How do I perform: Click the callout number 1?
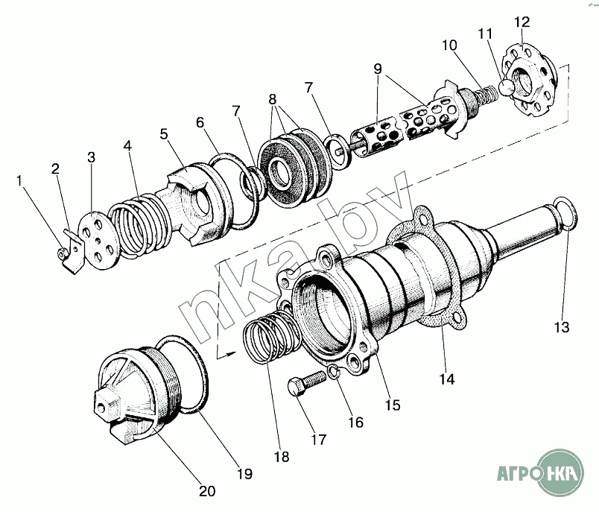pos(19,181)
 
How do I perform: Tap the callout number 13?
pos(562,327)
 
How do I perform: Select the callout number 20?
pos(207,490)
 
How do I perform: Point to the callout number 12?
pos(522,22)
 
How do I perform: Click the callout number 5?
pos(164,133)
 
